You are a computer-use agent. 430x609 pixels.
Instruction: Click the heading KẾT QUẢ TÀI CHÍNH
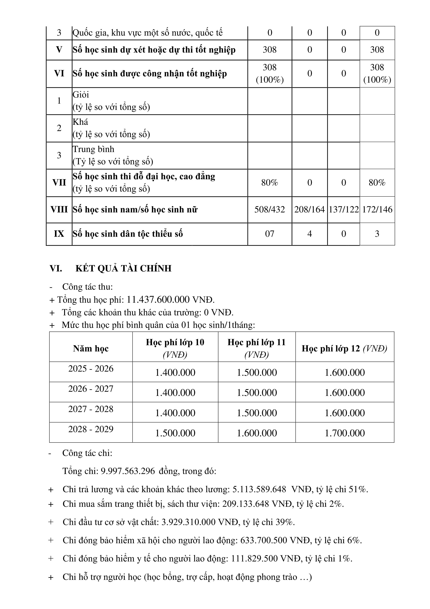[123, 268]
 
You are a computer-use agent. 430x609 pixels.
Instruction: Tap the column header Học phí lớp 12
[344, 348]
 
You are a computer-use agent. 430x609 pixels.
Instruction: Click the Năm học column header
[91, 348]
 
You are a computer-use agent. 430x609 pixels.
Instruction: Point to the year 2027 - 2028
[91, 409]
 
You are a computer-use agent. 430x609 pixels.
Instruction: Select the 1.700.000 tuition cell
[345, 433]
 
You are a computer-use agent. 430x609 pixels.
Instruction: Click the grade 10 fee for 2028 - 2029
[175, 433]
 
